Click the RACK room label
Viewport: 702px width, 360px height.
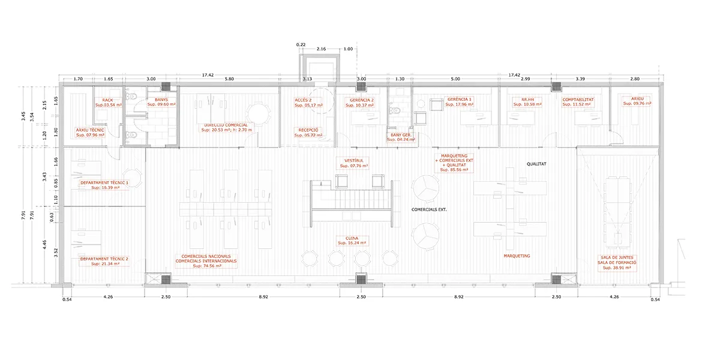(107, 100)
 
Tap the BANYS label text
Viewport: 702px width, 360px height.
(161, 100)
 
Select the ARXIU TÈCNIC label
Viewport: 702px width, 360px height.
(90, 130)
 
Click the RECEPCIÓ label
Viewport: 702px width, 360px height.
(308, 130)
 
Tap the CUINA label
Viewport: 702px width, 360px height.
(352, 238)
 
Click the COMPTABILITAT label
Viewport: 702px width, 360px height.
(578, 100)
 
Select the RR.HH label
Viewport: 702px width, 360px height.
(528, 100)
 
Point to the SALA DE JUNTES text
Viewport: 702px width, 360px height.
(617, 257)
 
